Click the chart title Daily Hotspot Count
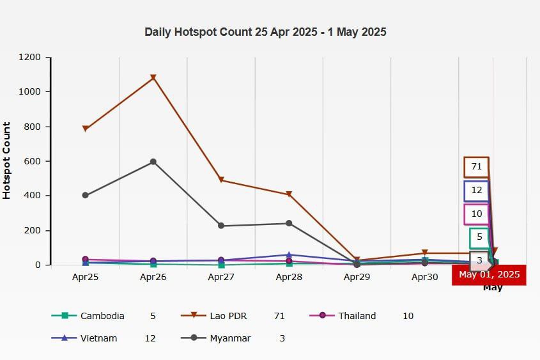tap(265, 32)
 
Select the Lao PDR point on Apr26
tap(153, 78)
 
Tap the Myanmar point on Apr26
tap(153, 162)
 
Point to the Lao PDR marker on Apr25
tap(86, 129)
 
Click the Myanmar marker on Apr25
tap(86, 195)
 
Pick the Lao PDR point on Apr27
tap(221, 180)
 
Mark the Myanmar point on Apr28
tap(289, 223)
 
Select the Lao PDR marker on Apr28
tap(289, 194)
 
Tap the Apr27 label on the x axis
tap(221, 278)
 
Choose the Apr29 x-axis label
tap(357, 278)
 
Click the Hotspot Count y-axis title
tap(7, 160)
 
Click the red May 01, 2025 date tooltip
tap(489, 275)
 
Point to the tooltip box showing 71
tap(476, 167)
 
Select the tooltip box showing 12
tap(477, 191)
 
